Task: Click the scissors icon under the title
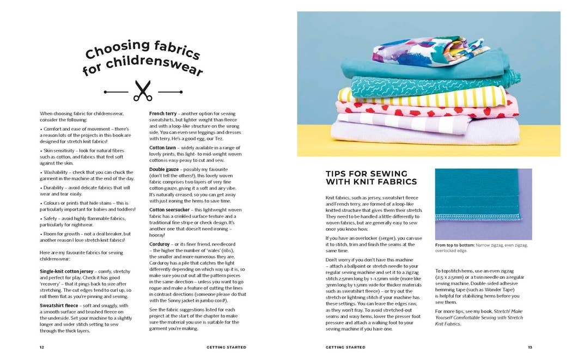pyautogui.click(x=143, y=91)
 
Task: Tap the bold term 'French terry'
pyautogui.click(x=163, y=113)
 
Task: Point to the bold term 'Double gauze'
pyautogui.click(x=165, y=169)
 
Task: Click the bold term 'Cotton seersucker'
pyautogui.click(x=171, y=210)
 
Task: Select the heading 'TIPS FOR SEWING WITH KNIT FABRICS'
pyautogui.click(x=371, y=178)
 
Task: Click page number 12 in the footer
pyautogui.click(x=42, y=347)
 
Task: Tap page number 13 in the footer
pyautogui.click(x=530, y=347)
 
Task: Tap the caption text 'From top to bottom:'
pyautogui.click(x=454, y=245)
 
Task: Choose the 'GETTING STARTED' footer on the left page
pyautogui.click(x=226, y=347)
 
